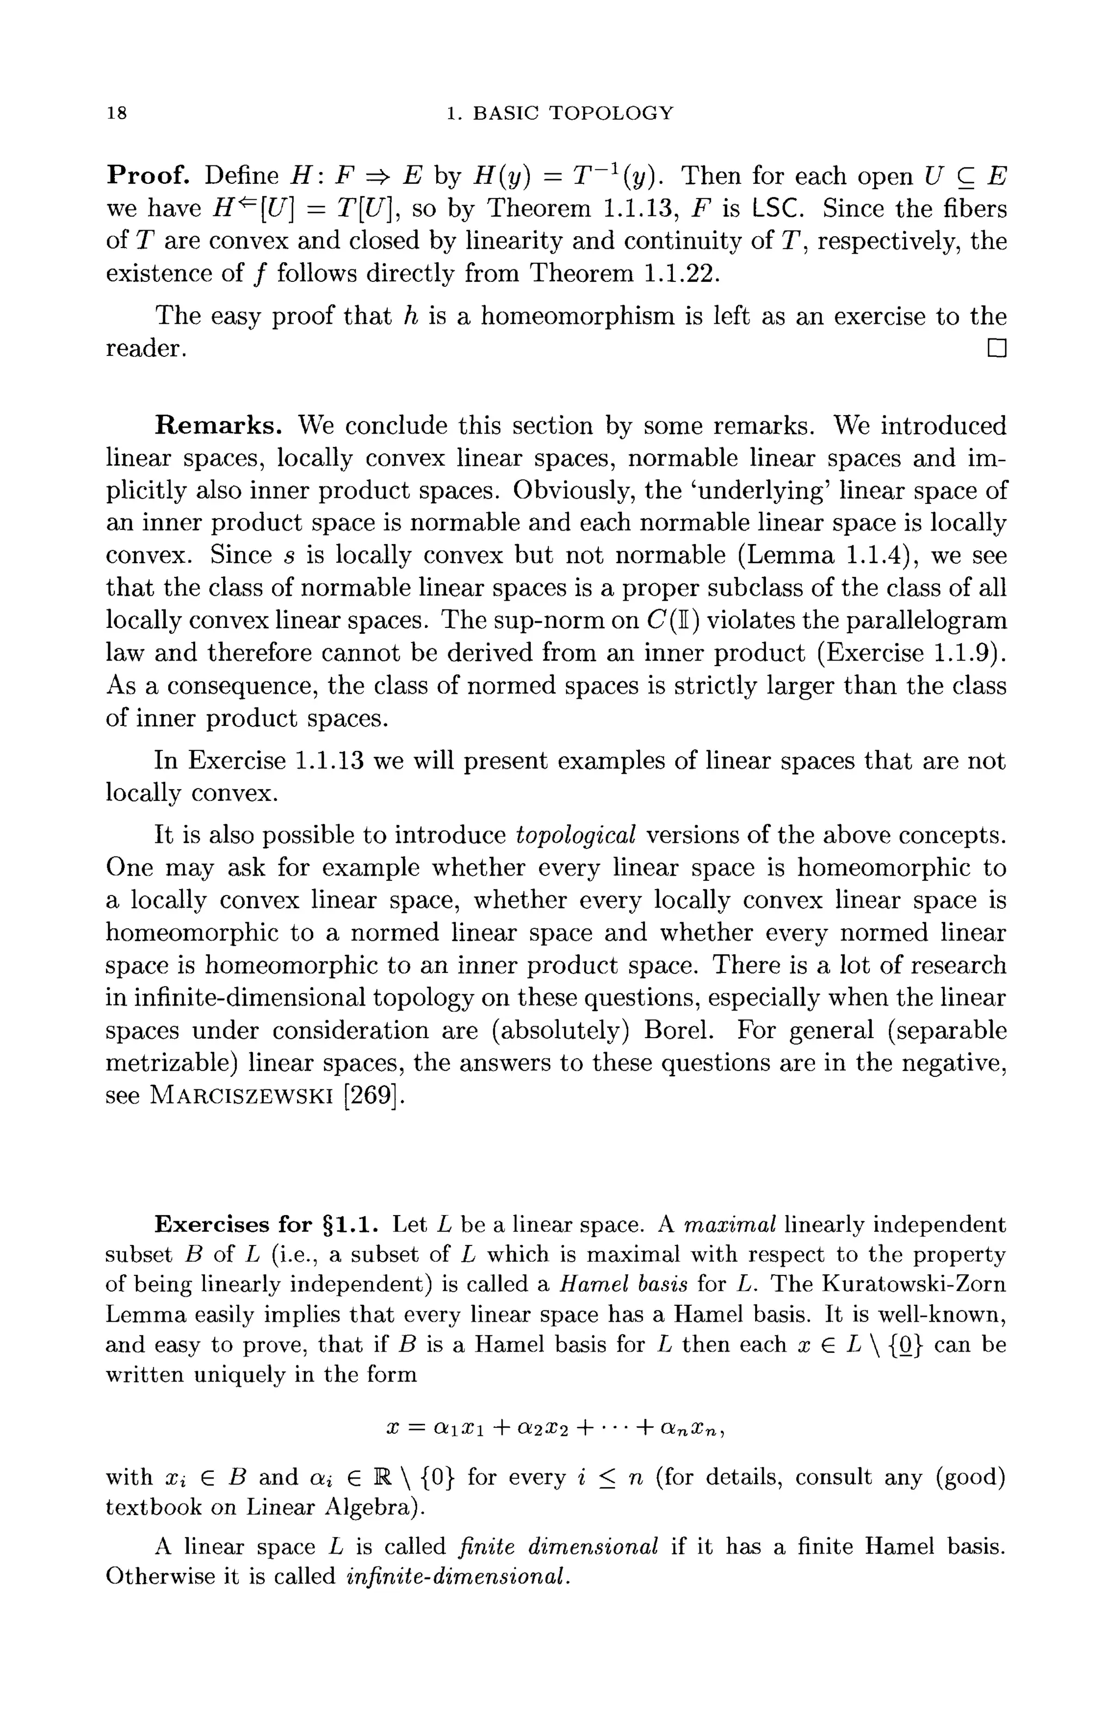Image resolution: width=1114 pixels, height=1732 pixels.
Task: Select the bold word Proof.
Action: [148, 175]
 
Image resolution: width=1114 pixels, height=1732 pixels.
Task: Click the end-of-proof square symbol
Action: [996, 349]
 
